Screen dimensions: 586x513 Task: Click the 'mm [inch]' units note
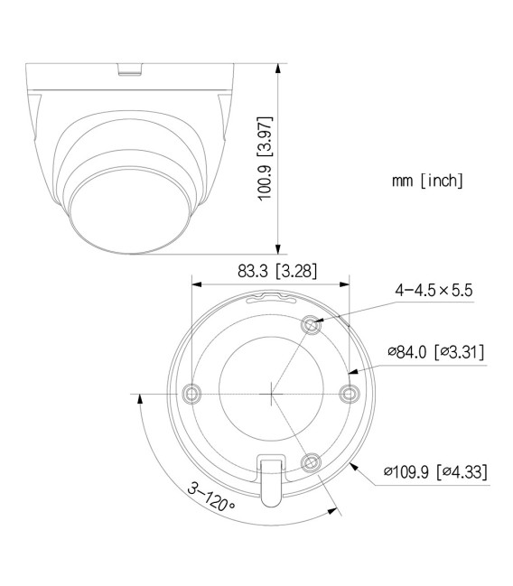(x=427, y=181)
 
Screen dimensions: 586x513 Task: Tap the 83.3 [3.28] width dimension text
(x=269, y=269)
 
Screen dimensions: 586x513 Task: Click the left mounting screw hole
(x=192, y=393)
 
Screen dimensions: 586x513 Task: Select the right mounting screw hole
(x=350, y=393)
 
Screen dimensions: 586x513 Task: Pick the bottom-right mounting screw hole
(x=310, y=461)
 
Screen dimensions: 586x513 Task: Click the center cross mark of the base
(x=271, y=393)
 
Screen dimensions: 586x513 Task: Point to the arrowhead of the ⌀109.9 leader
(x=353, y=464)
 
